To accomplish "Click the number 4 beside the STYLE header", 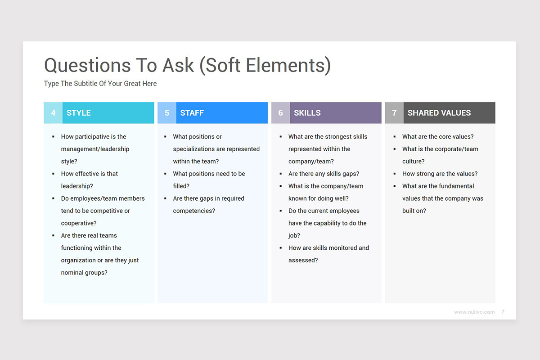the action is click(53, 113).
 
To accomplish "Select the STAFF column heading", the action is click(192, 113).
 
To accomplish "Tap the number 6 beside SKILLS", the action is click(281, 113).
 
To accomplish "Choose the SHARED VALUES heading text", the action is click(439, 113).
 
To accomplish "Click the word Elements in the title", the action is click(288, 65).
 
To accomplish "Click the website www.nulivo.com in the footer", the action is click(474, 312).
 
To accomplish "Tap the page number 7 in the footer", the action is click(503, 312).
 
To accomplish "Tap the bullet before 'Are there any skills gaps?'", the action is click(281, 174).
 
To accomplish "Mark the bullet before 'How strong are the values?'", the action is click(394, 174).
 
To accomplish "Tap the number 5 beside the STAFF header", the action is click(167, 113).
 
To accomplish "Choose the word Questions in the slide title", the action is click(87, 65).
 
